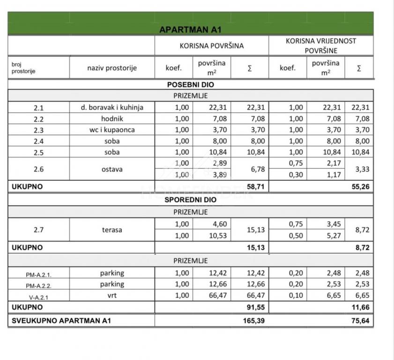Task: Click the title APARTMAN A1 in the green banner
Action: [190, 29]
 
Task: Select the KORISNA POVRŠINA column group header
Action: [212, 46]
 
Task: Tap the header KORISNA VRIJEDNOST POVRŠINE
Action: [321, 45]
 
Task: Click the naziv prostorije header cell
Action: [112, 68]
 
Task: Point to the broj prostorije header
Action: [23, 68]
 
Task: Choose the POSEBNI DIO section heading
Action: [191, 85]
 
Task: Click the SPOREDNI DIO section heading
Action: [191, 199]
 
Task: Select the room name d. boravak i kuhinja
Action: [112, 107]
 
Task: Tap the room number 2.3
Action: [38, 130]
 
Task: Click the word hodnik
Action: [112, 119]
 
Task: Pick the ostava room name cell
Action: [112, 169]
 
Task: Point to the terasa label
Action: [112, 230]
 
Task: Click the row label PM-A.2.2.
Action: [38, 285]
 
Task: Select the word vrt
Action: [112, 295]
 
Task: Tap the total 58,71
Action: [255, 186]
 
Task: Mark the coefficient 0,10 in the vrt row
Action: [288, 295]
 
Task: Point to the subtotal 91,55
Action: [255, 307]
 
